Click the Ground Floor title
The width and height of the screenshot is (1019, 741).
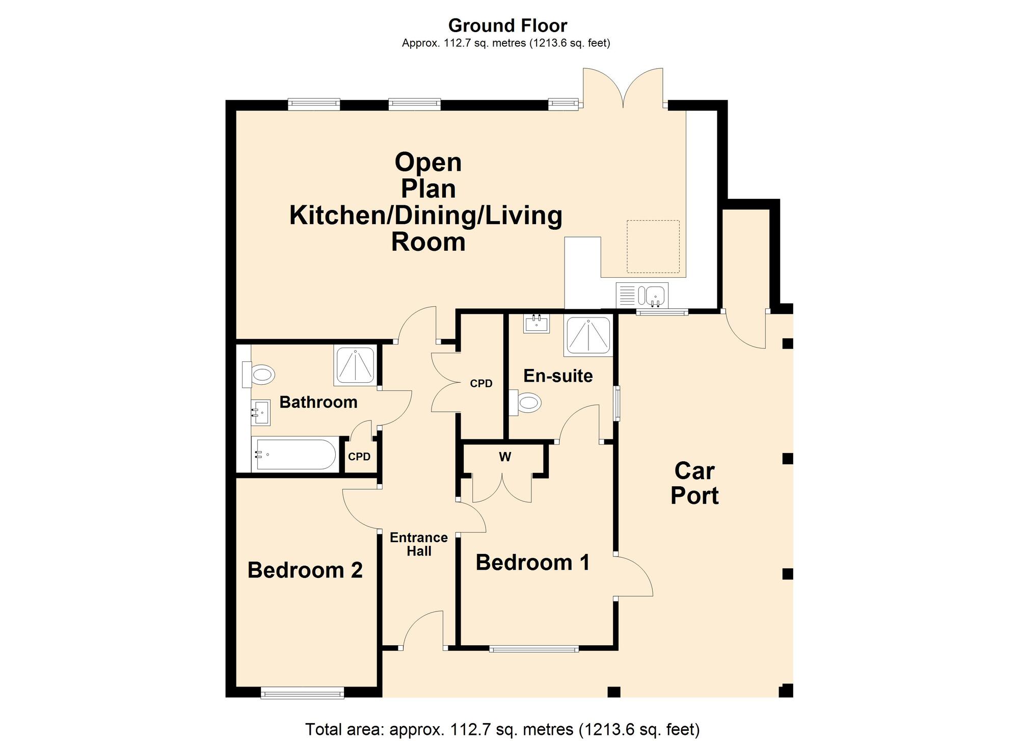coord(507,25)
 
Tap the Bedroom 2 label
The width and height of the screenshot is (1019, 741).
coord(305,570)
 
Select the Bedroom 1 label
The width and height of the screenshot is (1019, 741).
coord(532,563)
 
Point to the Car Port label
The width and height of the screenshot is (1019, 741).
coord(694,483)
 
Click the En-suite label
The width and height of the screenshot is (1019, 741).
coord(558,376)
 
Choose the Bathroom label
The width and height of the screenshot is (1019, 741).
coord(318,402)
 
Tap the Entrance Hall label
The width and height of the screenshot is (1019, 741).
coord(419,544)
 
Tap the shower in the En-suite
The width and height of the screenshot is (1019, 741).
coord(588,336)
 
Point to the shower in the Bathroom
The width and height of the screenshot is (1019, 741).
coord(356,365)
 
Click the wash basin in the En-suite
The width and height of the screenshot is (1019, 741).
coord(537,324)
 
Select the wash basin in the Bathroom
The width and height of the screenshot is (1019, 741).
coord(261,412)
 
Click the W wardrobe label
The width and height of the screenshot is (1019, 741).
coord(505,457)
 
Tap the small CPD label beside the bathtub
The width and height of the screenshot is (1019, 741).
coord(359,457)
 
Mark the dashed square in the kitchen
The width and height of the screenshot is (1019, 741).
coord(653,247)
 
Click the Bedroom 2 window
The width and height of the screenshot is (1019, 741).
coord(303,693)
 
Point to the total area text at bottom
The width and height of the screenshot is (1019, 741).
coord(502,729)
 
